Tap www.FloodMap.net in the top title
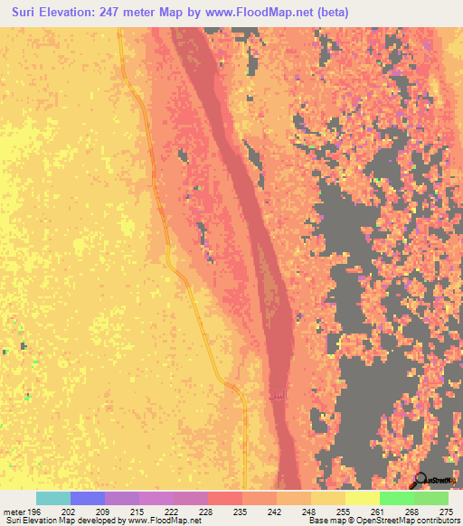242,12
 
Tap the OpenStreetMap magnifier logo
421,480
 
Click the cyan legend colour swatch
53,498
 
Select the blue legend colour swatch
88,498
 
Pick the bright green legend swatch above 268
396,498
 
